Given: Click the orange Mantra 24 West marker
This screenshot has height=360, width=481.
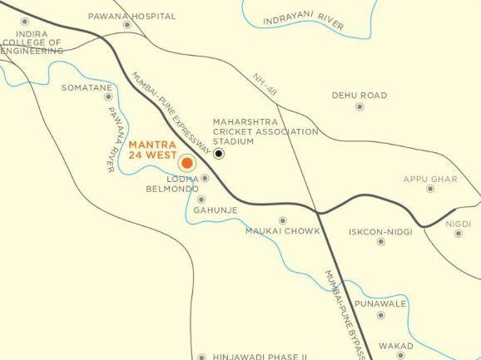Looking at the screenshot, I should point(187,163).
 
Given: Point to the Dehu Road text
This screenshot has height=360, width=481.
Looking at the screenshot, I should point(360,96).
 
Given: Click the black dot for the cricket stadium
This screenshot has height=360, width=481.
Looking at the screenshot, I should point(219,153).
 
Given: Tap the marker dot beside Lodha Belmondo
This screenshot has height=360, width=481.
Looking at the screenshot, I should point(205,178).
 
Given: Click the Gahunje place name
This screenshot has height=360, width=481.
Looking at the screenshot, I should point(216,210).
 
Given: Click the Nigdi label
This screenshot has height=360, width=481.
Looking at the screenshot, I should point(458,224).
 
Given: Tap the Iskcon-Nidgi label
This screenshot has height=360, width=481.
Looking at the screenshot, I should point(380,232).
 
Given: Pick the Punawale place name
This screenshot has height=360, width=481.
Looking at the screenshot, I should point(380,304).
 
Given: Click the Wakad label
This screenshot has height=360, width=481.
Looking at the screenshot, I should point(396,346).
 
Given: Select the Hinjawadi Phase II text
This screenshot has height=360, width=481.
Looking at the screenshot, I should point(260,355).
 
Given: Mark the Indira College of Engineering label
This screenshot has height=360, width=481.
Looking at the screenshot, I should point(33,42).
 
